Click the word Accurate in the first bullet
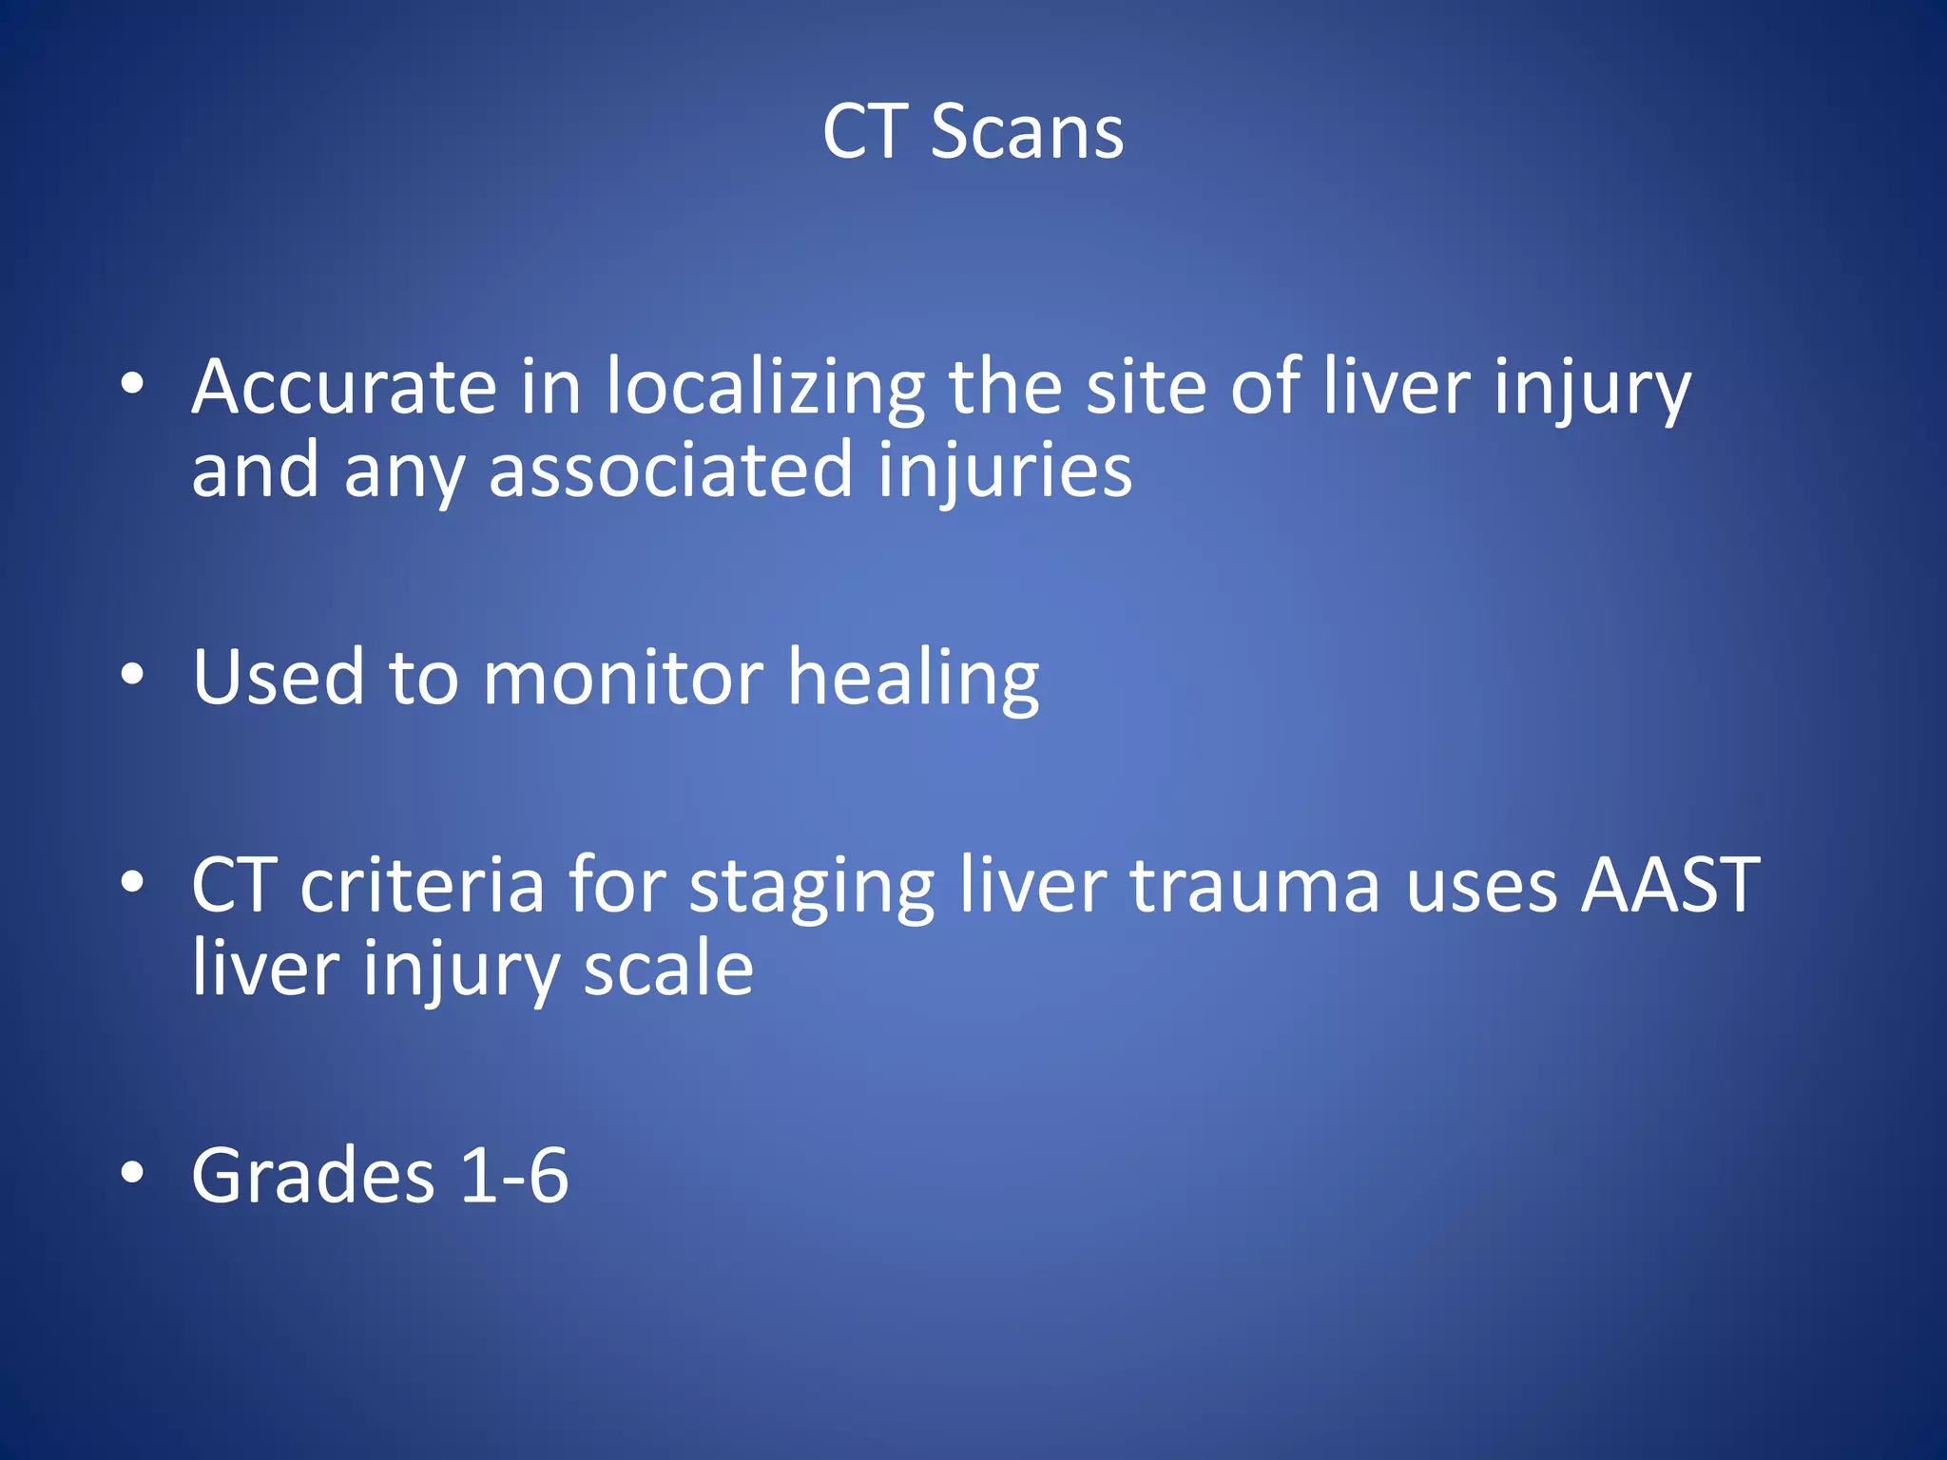coord(343,387)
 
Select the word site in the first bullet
coord(1146,387)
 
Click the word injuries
coord(1005,471)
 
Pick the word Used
coord(279,677)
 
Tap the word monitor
coord(623,679)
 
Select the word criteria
coord(421,886)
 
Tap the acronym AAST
coord(1669,886)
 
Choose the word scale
coord(668,969)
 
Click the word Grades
coord(313,1176)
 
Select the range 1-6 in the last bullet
coord(514,1176)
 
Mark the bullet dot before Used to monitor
coord(132,675)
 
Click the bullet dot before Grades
coord(132,1174)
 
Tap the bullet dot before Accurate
coord(132,385)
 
